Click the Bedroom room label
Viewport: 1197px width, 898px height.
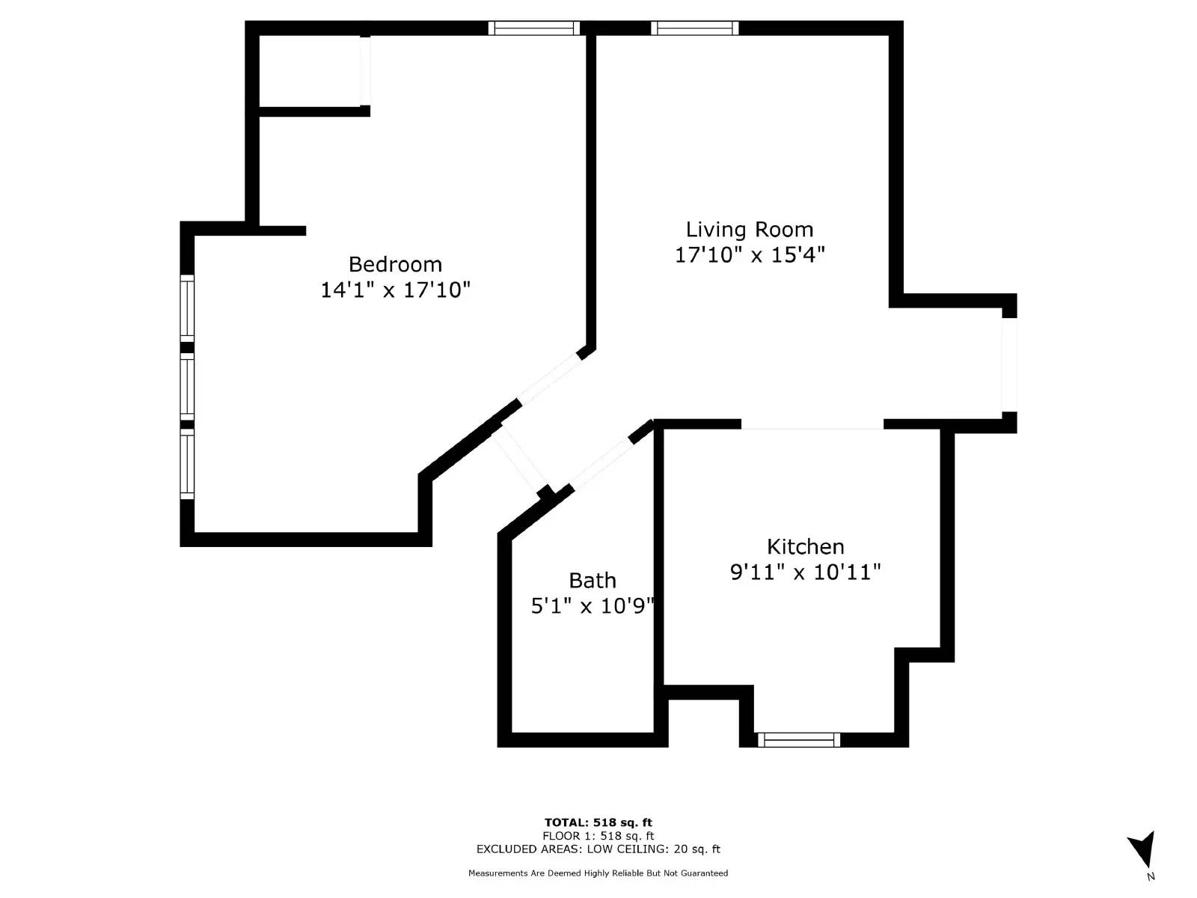(395, 264)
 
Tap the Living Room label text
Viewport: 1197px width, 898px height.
(750, 229)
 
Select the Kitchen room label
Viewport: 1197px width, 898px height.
(805, 546)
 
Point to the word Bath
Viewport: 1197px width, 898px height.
(593, 580)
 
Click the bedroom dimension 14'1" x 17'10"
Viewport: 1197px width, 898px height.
(395, 290)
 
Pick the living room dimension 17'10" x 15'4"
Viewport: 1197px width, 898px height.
(750, 254)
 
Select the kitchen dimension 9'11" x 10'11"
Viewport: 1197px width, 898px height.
(805, 572)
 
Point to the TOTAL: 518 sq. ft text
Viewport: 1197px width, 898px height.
(598, 822)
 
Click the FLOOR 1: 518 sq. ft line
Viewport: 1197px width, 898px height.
(598, 836)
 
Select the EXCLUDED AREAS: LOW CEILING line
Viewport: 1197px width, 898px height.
(598, 849)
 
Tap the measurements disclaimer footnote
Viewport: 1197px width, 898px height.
(598, 873)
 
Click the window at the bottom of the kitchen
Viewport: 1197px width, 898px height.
(798, 739)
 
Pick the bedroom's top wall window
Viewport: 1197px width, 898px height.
(534, 28)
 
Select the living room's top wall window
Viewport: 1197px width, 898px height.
(694, 28)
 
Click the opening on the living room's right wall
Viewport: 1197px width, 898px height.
(1009, 364)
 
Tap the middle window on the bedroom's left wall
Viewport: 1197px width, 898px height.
(187, 385)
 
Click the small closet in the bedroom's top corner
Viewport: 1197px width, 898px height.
(310, 72)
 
